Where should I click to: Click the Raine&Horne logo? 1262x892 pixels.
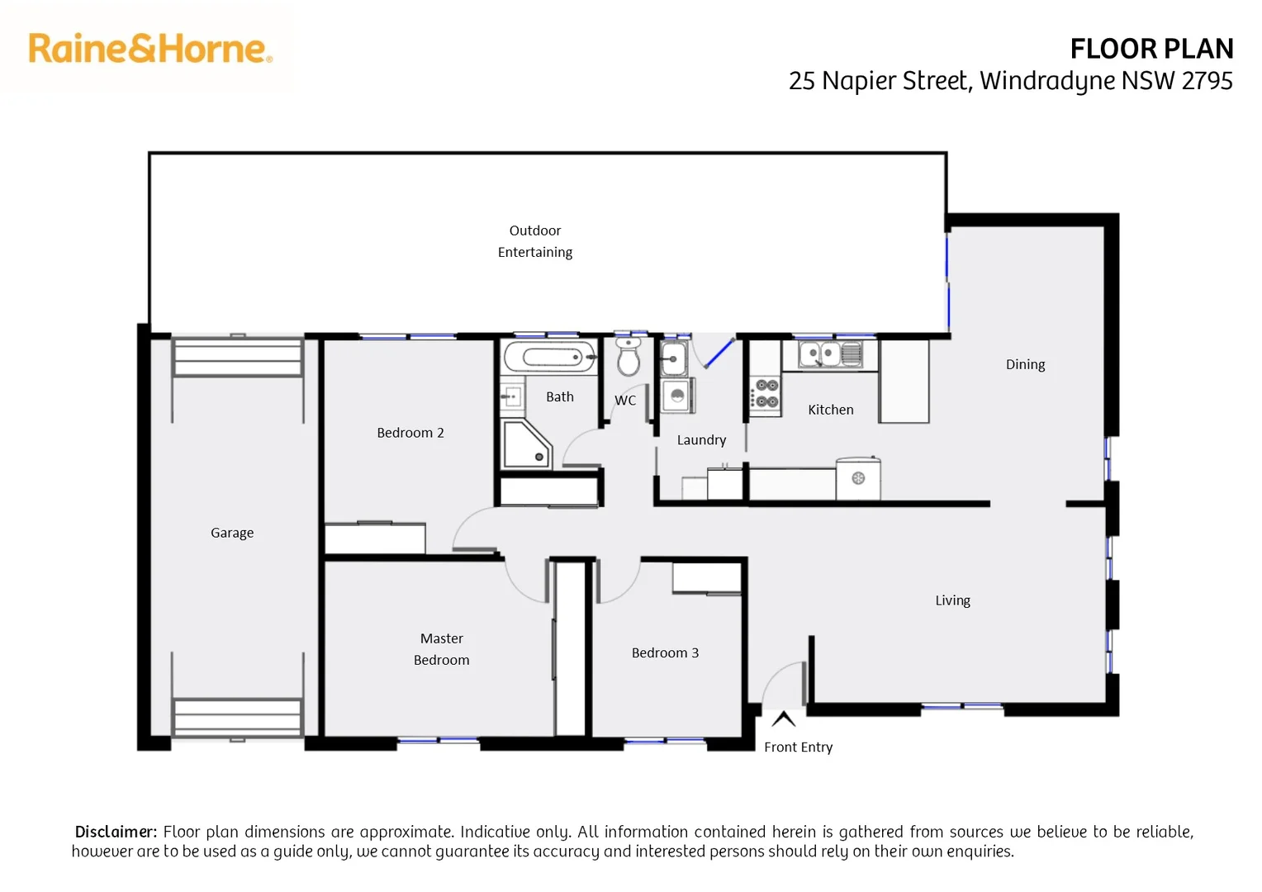click(150, 49)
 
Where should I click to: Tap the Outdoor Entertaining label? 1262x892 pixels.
click(534, 241)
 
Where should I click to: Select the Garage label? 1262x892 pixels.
click(232, 533)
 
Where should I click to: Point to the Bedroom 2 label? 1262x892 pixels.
click(410, 433)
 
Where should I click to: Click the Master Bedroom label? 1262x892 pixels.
click(441, 649)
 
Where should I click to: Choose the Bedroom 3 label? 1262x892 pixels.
click(665, 652)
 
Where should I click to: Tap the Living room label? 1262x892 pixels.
click(952, 600)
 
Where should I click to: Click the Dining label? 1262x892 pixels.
click(1025, 364)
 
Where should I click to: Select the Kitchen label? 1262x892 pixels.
click(830, 410)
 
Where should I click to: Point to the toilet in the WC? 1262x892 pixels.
click(629, 357)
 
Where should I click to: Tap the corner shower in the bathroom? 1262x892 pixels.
click(525, 445)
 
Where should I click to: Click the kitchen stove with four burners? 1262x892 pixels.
click(766, 394)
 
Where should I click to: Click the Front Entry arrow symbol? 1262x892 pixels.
click(783, 719)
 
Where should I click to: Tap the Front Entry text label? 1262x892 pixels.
click(798, 747)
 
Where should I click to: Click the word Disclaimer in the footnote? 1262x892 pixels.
click(116, 832)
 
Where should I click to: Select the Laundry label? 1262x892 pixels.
click(701, 440)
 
